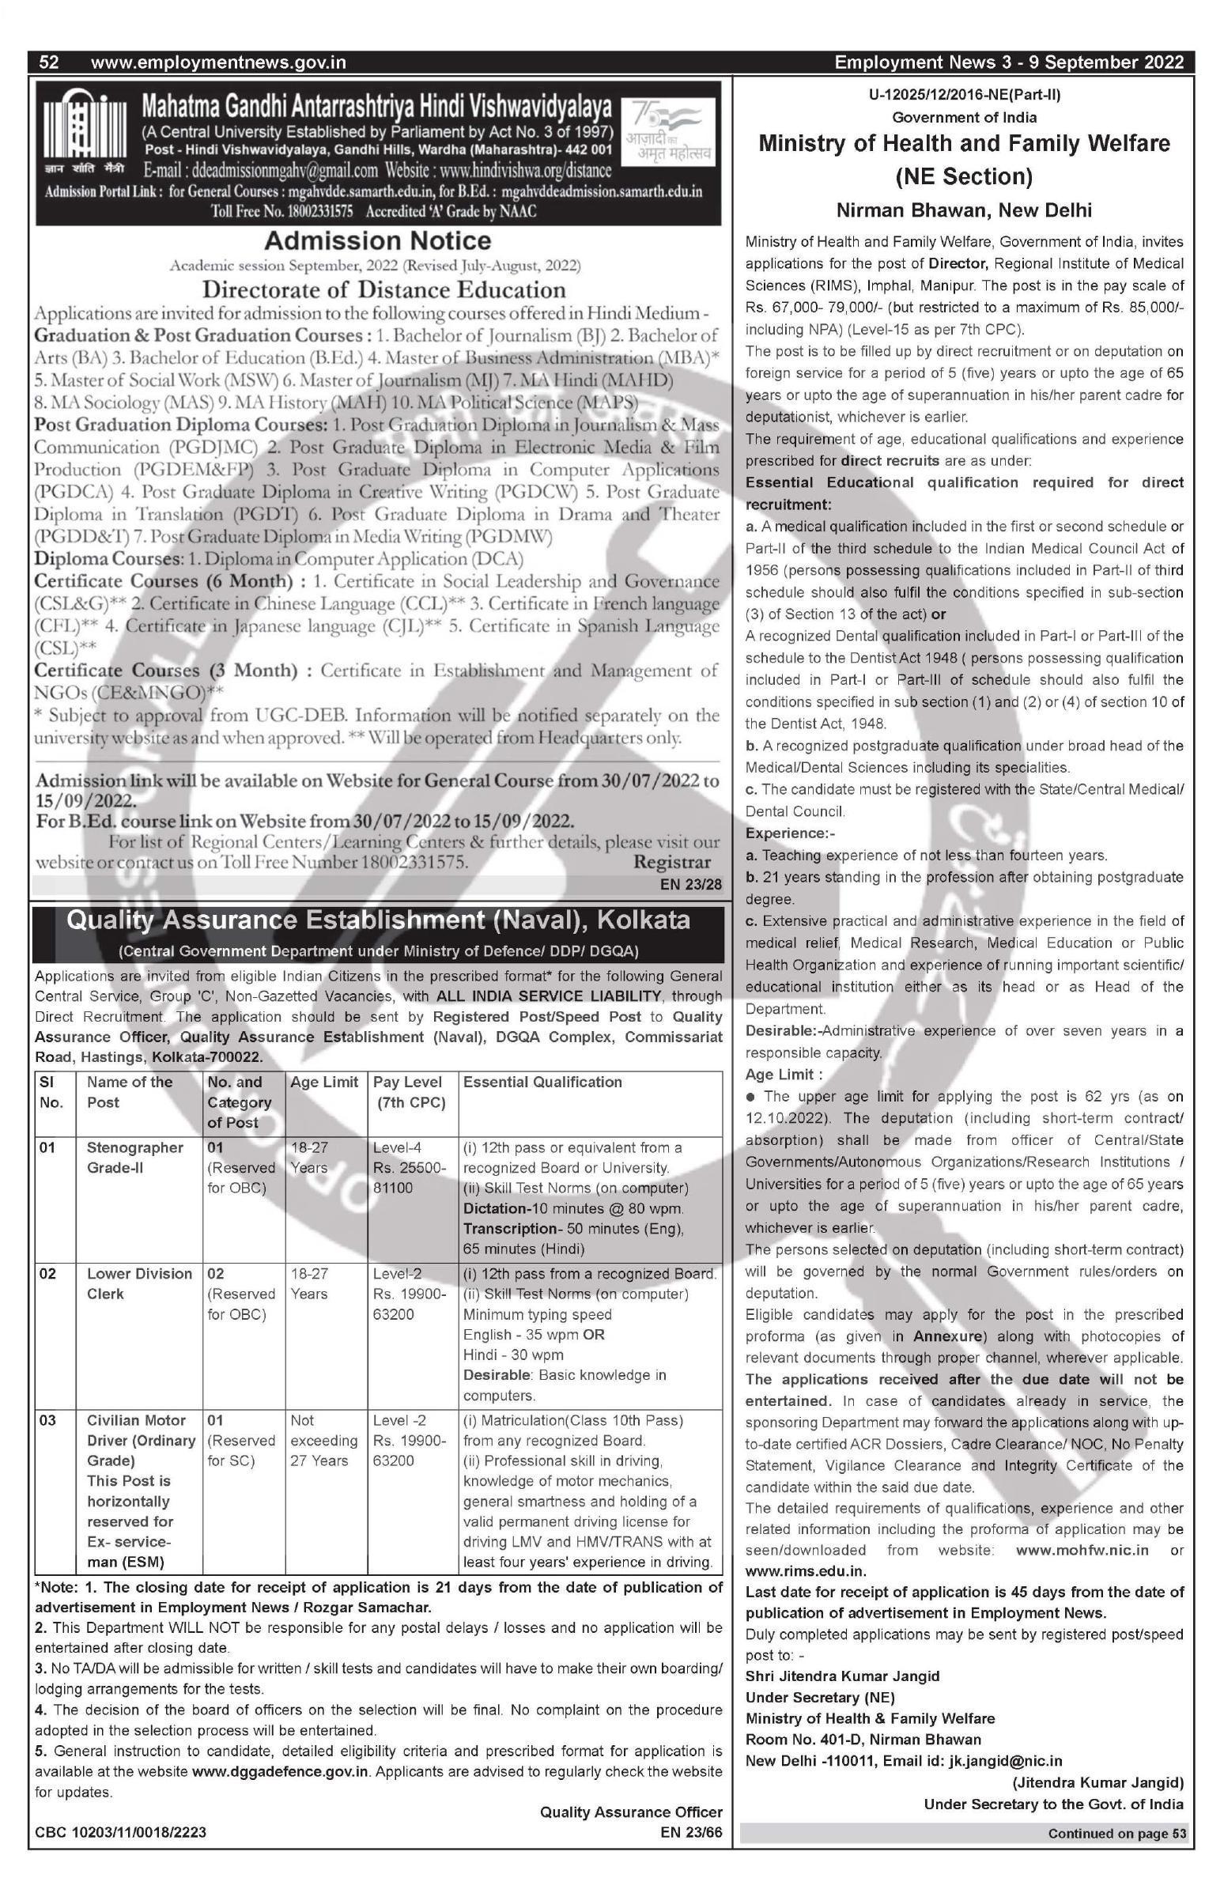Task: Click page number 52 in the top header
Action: click(49, 62)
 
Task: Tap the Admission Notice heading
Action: click(377, 240)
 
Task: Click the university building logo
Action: click(82, 126)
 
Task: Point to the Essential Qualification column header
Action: click(542, 1082)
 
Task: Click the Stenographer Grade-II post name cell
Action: click(134, 1157)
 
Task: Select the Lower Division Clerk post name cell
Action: click(139, 1283)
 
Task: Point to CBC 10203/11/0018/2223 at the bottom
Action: click(120, 1831)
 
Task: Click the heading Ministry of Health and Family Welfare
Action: click(964, 144)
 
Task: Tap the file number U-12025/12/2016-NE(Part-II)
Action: click(965, 95)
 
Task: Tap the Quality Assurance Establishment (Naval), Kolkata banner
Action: click(378, 920)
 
